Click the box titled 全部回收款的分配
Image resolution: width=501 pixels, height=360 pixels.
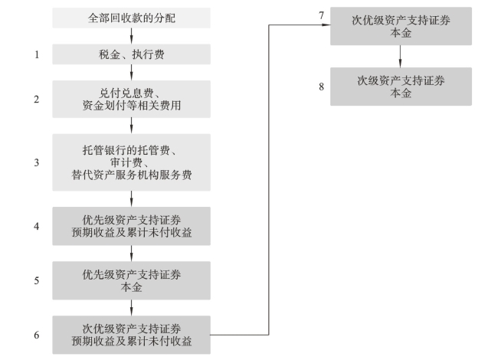[132, 18]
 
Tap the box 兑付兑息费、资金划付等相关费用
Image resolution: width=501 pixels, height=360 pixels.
[132, 99]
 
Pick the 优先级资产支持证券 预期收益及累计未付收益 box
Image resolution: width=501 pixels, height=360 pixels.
[132, 226]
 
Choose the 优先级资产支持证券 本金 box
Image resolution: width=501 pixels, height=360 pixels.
[132, 280]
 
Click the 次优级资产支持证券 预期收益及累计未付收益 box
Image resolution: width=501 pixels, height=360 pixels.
[132, 334]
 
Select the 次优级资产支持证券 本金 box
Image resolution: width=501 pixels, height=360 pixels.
[401, 26]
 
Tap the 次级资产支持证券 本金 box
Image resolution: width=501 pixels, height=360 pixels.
[401, 86]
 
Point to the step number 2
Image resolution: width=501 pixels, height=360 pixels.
[36, 99]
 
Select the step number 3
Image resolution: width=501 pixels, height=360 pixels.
[36, 162]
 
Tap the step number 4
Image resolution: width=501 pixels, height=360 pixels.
[36, 226]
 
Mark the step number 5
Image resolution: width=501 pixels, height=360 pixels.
[36, 280]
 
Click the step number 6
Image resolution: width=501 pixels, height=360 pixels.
[36, 334]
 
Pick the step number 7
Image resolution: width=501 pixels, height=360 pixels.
[323, 15]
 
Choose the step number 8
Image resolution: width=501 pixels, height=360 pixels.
[323, 86]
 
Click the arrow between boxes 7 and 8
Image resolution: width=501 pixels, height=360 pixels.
[401, 56]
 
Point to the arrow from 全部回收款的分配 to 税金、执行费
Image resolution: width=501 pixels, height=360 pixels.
[132, 36]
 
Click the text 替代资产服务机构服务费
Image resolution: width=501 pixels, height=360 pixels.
[132, 175]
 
